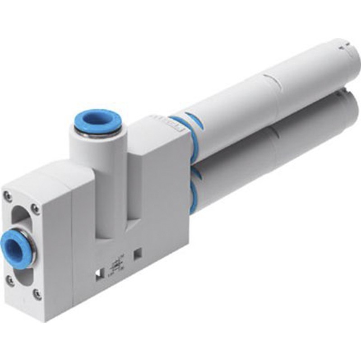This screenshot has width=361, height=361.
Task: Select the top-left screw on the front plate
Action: coord(8,196)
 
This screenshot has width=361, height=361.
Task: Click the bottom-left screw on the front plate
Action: coord(9,280)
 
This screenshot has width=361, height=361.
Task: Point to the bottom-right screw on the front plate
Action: coord(37,295)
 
